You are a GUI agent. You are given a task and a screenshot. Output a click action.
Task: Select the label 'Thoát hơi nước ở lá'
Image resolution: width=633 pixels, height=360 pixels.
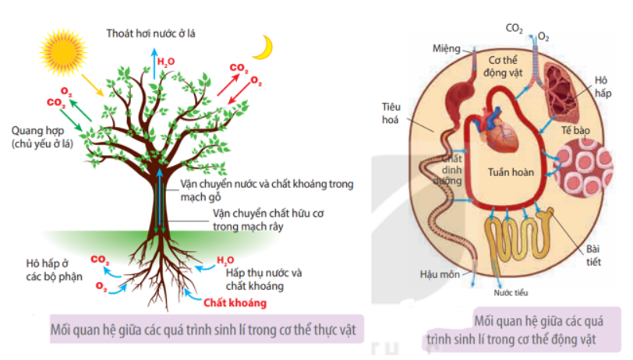[x=154, y=33]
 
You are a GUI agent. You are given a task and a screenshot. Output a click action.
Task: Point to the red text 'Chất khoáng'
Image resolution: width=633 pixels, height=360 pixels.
[x=236, y=303]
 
